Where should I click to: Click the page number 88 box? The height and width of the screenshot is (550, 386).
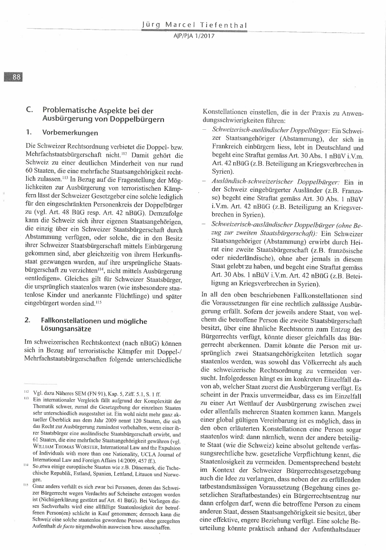pos(13,77)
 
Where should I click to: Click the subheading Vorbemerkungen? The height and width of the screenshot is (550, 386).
pos(70,132)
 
